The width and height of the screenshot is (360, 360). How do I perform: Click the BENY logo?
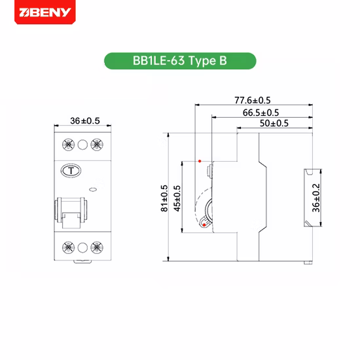click(45, 12)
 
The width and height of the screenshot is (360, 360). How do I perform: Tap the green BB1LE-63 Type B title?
click(180, 61)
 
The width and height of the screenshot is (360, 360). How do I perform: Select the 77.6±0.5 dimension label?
click(252, 100)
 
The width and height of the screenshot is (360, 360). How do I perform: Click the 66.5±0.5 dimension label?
click(261, 113)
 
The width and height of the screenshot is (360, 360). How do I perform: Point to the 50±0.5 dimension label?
click(274, 123)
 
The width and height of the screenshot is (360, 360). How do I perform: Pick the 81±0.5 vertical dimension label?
click(164, 198)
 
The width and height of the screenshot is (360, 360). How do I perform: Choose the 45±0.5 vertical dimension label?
click(177, 198)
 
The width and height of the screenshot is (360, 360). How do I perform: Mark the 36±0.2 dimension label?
click(316, 198)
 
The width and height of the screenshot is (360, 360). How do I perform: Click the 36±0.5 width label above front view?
click(85, 121)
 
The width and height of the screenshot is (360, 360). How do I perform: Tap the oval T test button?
click(71, 171)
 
